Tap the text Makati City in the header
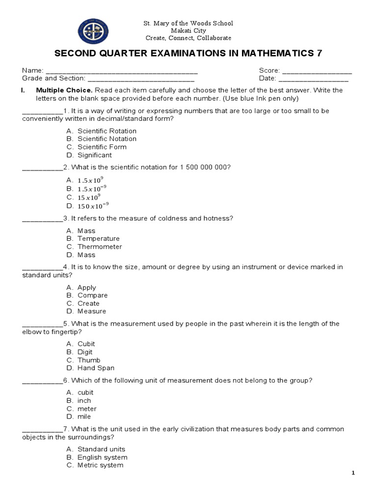188,30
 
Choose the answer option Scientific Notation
107,139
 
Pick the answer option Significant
94,155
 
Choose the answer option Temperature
98,239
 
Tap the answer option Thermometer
100,247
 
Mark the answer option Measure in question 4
91,311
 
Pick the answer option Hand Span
96,368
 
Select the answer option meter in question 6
87,409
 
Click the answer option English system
102,457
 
